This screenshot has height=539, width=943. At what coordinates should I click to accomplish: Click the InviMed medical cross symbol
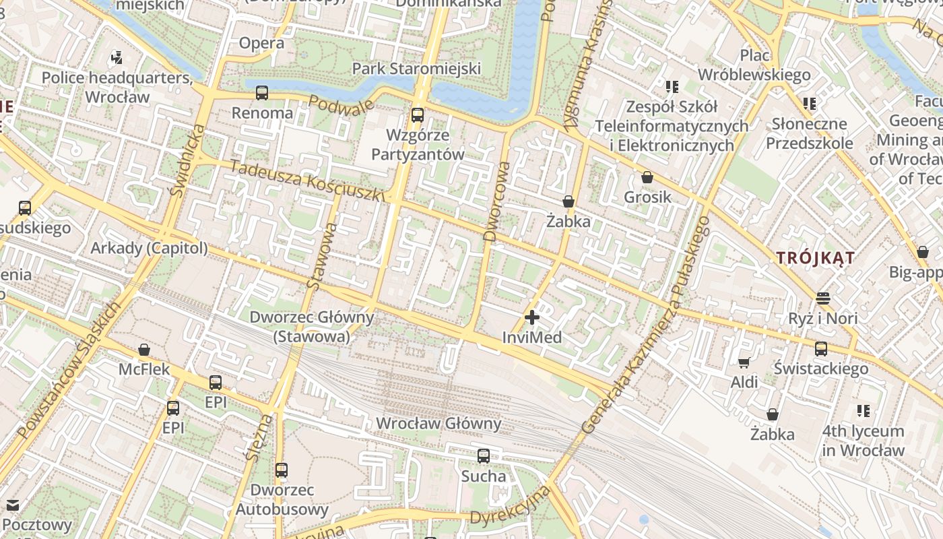532,317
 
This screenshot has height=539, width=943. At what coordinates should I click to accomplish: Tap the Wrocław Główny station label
439,424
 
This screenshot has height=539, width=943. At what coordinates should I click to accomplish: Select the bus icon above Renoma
262,93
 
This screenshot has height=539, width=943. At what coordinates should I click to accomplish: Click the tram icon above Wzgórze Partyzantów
418,115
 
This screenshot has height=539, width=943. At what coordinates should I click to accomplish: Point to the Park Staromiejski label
416,69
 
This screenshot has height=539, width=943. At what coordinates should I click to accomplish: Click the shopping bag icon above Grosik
647,178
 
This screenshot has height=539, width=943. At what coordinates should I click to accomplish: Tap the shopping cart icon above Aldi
744,363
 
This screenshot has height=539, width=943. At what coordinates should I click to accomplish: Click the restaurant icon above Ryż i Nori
823,298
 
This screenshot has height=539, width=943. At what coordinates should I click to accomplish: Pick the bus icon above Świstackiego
821,349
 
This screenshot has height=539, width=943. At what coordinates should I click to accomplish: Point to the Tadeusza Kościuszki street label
307,181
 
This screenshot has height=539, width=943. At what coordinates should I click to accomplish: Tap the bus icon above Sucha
484,456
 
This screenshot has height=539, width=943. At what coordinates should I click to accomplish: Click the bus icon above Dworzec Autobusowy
282,470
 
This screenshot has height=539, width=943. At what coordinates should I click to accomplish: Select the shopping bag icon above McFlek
144,350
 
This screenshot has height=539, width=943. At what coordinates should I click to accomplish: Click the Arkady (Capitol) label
150,248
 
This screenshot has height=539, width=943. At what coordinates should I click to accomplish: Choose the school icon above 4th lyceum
864,411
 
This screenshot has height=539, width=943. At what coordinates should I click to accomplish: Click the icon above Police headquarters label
117,58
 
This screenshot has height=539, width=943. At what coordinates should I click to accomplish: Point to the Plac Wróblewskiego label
754,65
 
